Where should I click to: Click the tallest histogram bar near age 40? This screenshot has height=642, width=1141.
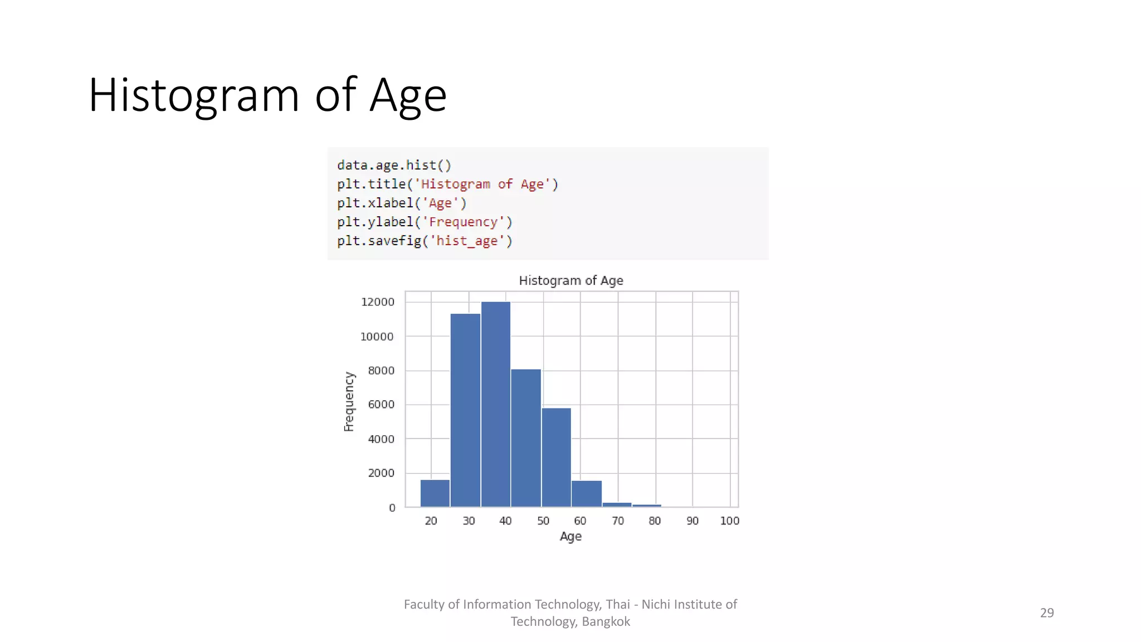coord(495,404)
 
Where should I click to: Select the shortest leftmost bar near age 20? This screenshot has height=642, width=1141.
coord(435,493)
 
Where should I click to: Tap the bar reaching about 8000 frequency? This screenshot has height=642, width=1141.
coord(525,438)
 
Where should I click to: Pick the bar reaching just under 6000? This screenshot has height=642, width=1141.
coord(556,458)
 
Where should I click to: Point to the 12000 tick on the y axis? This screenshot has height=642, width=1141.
coord(378,302)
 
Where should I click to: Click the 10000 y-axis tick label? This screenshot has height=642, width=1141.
coord(377,337)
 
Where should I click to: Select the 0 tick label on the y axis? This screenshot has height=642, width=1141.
coord(392,508)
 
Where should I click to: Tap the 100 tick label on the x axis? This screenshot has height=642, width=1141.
coord(729,521)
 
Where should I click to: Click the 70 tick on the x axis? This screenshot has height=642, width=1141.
coord(618,521)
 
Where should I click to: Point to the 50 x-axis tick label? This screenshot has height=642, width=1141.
coord(543,521)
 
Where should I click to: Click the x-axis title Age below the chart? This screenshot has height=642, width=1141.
coord(570,536)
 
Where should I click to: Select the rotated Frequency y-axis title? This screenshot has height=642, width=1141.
coord(349,402)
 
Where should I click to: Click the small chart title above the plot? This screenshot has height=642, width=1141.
coord(571,280)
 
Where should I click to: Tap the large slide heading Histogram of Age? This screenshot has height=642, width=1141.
coord(267,95)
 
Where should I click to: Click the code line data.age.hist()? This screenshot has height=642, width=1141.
coord(394,166)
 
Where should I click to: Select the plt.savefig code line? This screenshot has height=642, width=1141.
coord(425,241)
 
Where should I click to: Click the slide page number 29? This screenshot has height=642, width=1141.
coord(1047,612)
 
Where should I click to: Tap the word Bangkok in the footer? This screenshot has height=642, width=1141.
coord(606,621)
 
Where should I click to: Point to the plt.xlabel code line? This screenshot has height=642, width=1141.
coord(402,203)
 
